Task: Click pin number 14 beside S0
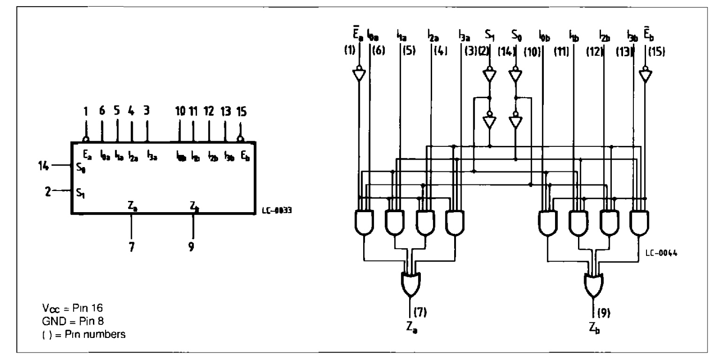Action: click(42, 165)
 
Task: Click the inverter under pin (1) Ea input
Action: click(359, 74)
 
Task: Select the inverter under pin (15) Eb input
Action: click(646, 74)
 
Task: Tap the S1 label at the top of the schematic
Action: click(489, 35)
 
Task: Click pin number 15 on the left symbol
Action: click(242, 113)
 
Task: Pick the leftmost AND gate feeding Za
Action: click(364, 222)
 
